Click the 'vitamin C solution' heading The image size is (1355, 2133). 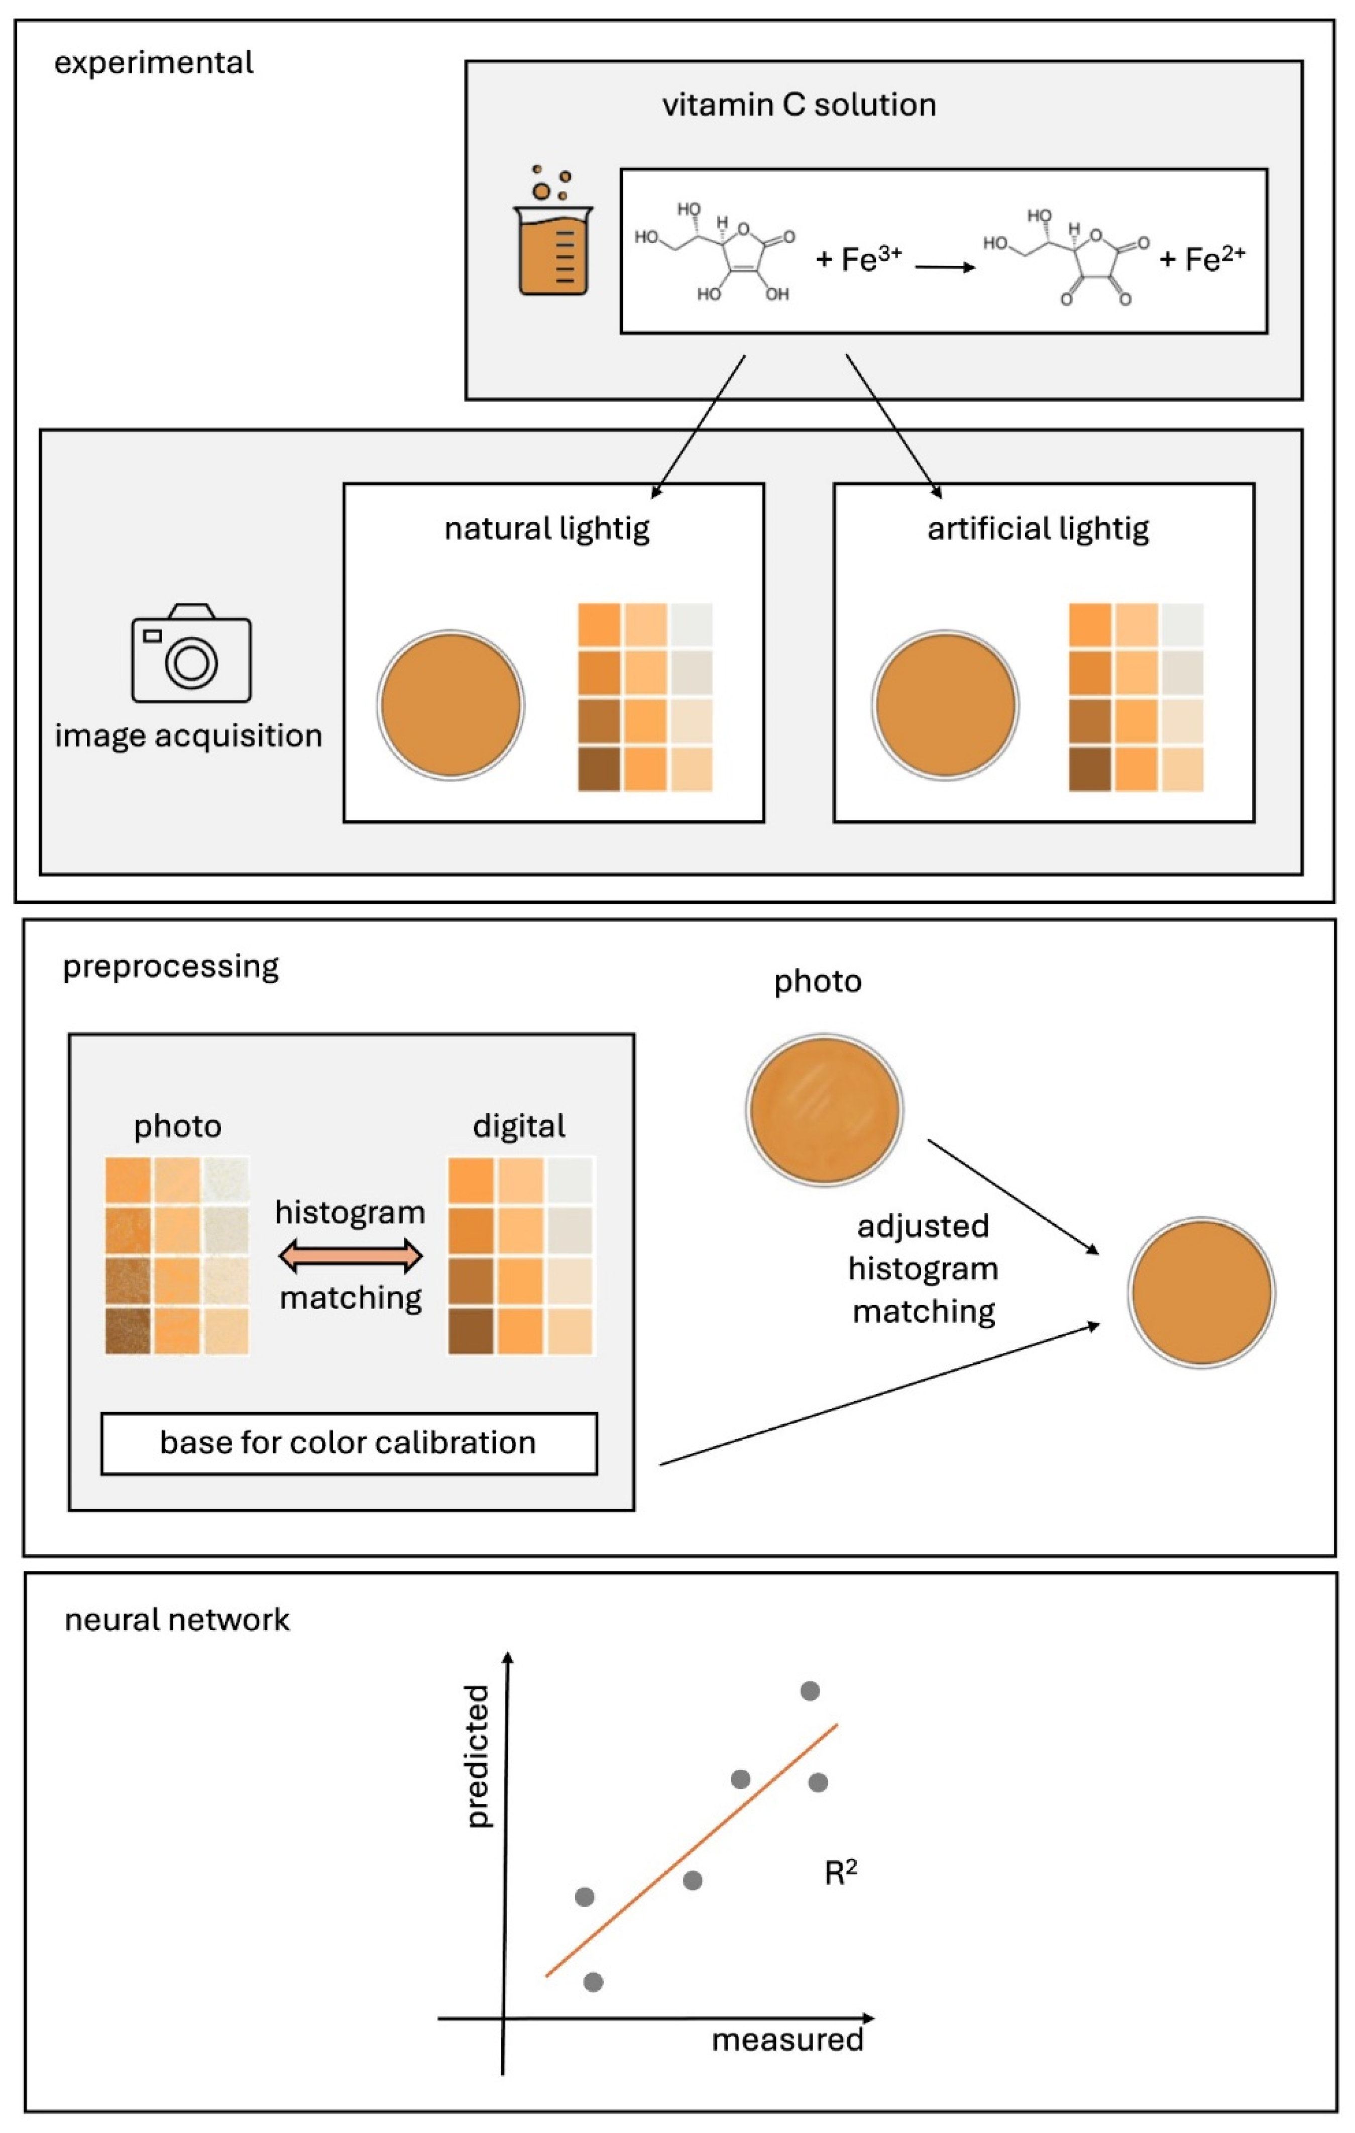pyautogui.click(x=799, y=104)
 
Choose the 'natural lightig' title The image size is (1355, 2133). pyautogui.click(x=546, y=529)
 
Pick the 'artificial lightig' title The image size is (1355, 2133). pyautogui.click(x=1038, y=529)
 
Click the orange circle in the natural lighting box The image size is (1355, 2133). pyautogui.click(x=451, y=705)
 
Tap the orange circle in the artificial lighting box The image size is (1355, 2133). pyautogui.click(x=945, y=705)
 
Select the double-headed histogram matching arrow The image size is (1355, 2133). pyautogui.click(x=351, y=1255)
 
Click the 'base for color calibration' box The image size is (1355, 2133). pyautogui.click(x=349, y=1443)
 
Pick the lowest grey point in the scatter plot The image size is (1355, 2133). pyautogui.click(x=593, y=1981)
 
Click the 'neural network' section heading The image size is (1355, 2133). pyautogui.click(x=177, y=1619)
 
